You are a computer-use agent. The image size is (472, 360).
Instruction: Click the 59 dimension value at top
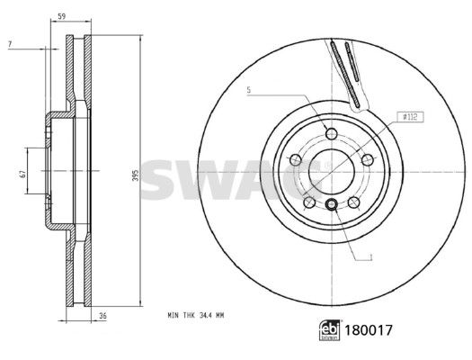(x=61, y=17)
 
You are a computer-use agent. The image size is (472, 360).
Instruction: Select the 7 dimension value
(x=10, y=44)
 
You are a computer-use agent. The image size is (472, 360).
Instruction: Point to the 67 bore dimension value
(x=22, y=174)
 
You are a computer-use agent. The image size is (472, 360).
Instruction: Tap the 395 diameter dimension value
(x=136, y=175)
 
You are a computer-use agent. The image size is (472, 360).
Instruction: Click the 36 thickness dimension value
(x=103, y=316)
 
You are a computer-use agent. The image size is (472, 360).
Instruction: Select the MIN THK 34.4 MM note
(x=196, y=315)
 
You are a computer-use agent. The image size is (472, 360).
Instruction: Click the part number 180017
(x=369, y=330)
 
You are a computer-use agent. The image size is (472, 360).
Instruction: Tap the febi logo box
(x=330, y=330)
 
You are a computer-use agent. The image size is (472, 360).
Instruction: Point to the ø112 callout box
(x=411, y=117)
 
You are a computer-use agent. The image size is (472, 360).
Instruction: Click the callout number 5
(x=249, y=90)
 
